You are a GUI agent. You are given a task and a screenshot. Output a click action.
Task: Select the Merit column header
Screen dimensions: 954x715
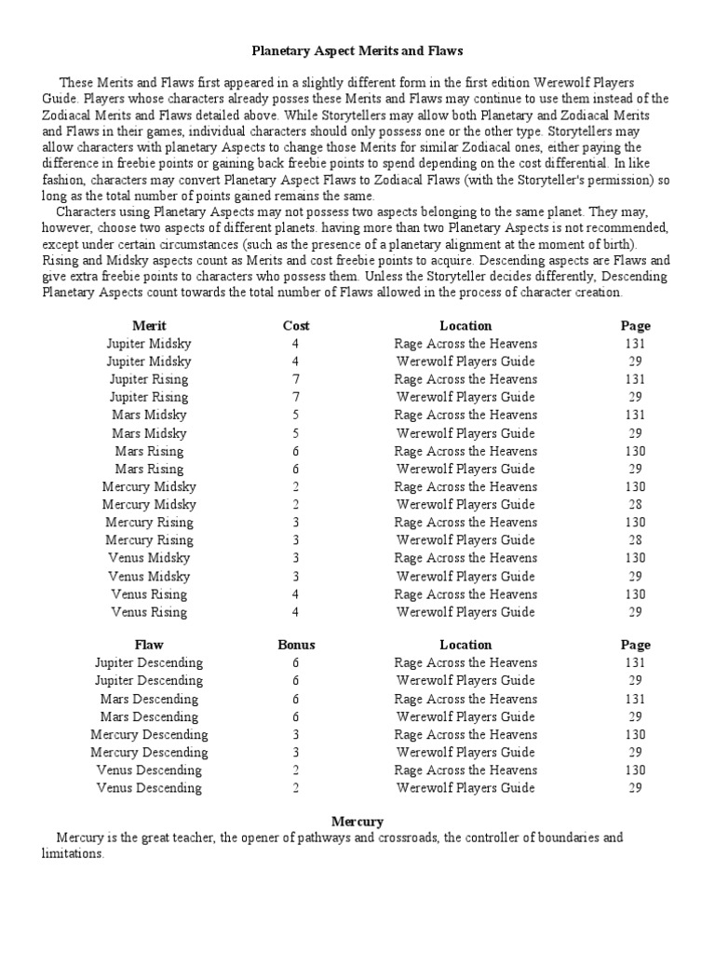click(x=149, y=325)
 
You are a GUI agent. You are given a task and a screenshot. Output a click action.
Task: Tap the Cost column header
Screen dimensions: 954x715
click(x=296, y=325)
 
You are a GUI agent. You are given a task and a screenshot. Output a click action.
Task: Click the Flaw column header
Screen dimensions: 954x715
click(x=149, y=645)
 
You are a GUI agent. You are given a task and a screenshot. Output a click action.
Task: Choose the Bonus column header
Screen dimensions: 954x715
click(x=296, y=645)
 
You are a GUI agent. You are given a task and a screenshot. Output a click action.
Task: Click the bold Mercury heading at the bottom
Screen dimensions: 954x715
click(x=357, y=821)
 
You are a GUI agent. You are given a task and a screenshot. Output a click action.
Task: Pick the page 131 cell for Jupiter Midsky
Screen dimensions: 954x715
click(x=636, y=343)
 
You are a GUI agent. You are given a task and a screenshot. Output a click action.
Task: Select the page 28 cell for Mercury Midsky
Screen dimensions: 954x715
click(x=636, y=504)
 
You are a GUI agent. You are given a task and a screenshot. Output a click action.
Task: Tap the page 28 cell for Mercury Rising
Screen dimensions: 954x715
click(x=636, y=540)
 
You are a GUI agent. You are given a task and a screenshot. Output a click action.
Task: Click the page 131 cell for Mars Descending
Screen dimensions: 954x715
click(x=636, y=699)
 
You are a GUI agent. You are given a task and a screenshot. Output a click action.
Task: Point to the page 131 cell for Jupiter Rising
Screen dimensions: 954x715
click(x=636, y=379)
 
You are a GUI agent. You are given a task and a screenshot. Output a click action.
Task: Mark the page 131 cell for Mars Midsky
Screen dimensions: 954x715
click(x=636, y=415)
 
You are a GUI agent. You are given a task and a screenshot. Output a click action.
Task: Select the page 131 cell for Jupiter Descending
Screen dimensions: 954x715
click(x=636, y=662)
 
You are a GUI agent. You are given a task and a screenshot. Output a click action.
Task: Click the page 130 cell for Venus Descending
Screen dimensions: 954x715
click(x=636, y=770)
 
